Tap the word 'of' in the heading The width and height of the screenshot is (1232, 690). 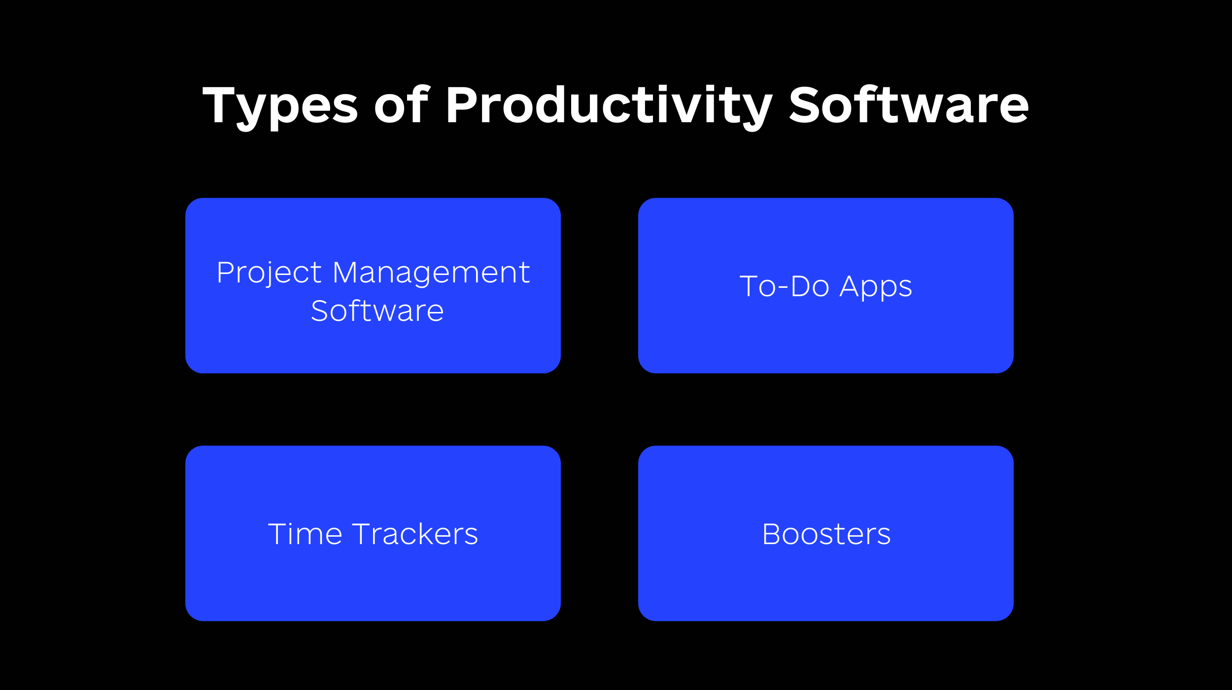(x=402, y=103)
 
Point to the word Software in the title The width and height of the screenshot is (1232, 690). (x=909, y=103)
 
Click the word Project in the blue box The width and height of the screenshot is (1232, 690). (x=269, y=274)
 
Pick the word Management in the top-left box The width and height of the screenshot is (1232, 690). (x=431, y=274)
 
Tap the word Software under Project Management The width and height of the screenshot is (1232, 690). (x=377, y=311)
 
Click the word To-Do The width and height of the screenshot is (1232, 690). (x=784, y=286)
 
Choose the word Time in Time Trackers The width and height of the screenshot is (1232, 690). (x=305, y=534)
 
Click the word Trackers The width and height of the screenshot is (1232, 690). (x=415, y=534)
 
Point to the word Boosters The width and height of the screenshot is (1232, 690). (x=826, y=534)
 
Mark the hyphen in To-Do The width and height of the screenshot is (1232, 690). (x=784, y=287)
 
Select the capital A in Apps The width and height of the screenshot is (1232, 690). (x=851, y=286)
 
